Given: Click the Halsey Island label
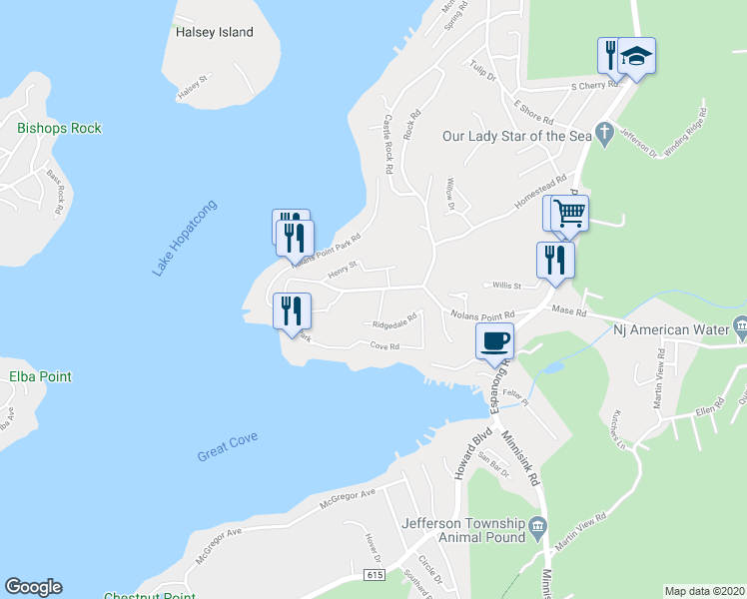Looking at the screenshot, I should tap(214, 32).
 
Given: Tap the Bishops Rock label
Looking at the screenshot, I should tap(59, 128).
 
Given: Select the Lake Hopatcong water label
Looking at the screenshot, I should tap(185, 238).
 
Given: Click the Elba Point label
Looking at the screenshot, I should tap(40, 377).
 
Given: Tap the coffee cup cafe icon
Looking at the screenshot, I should tap(494, 340).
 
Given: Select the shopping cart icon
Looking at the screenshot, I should tap(569, 213).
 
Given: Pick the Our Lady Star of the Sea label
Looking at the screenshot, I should tap(517, 135).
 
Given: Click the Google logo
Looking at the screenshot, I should tap(33, 587).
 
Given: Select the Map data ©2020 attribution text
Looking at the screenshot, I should tap(704, 591).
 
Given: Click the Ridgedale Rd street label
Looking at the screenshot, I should tap(393, 324).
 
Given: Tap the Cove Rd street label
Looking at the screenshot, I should tap(384, 346).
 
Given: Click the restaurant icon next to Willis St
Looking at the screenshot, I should tap(555, 260).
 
